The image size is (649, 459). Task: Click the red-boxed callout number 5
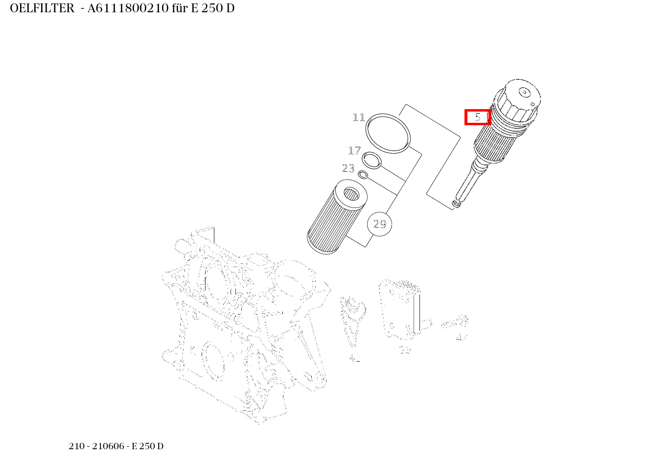pos(477,117)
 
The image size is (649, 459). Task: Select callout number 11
pos(359,117)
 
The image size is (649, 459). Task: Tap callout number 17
pos(354,151)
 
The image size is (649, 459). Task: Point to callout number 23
pos(348,168)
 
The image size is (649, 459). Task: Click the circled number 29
pos(379,224)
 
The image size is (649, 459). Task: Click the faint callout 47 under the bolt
pos(461,337)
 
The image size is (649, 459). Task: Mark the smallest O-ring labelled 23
pos(363,175)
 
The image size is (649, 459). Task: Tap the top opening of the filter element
pos(351,194)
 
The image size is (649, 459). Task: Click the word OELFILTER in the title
pos(42,9)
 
